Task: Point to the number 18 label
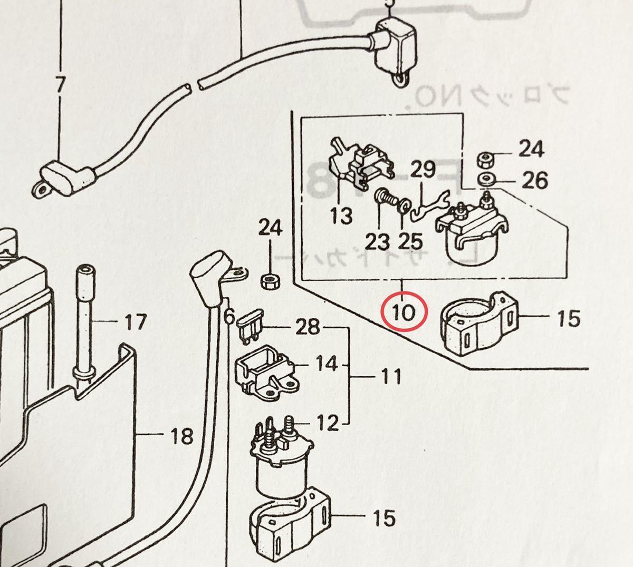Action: coord(182,436)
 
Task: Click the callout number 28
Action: coord(308,327)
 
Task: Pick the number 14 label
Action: coord(327,364)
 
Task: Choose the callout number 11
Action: coord(390,376)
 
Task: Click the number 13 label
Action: coord(341,215)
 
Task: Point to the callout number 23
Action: coord(377,242)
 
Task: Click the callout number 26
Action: coord(534,180)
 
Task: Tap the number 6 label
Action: coord(228,316)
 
